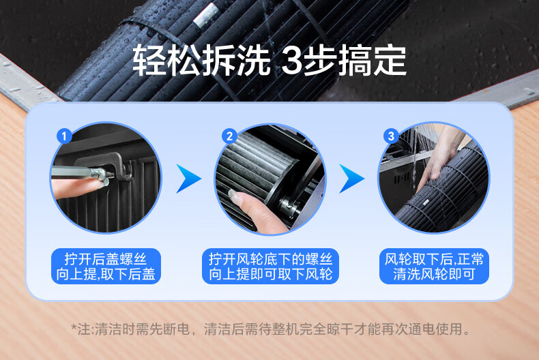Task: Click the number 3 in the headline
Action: tap(292, 61)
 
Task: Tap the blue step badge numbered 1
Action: tap(64, 136)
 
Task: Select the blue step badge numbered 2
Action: tap(229, 136)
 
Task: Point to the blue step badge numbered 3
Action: tap(391, 136)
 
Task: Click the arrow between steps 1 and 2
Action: tap(188, 179)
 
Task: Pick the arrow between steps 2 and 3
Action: tap(351, 179)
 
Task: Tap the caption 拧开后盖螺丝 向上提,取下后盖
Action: tap(106, 267)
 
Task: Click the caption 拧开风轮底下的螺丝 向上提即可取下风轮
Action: tap(271, 267)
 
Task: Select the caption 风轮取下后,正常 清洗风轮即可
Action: tap(434, 267)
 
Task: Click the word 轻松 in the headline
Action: tap(166, 61)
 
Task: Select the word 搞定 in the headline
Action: tap(373, 61)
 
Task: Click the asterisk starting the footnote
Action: tap(74, 327)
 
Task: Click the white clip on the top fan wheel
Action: tap(205, 15)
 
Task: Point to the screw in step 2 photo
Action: tap(289, 206)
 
